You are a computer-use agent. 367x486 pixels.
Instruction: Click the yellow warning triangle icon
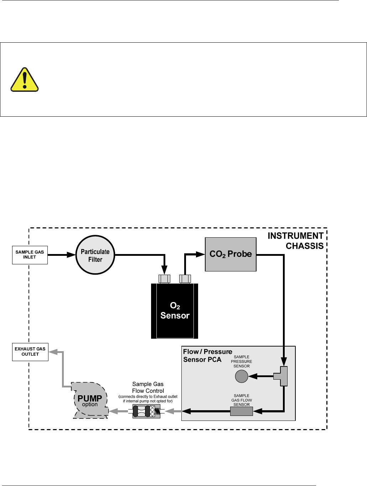(x=25, y=80)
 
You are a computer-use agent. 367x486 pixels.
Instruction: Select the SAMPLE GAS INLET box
(x=30, y=255)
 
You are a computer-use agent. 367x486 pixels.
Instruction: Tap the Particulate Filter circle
(x=95, y=255)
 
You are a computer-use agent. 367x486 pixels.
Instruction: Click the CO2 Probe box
(x=231, y=254)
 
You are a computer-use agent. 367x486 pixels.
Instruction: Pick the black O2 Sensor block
(x=175, y=311)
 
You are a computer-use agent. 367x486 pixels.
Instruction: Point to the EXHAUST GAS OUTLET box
(x=30, y=352)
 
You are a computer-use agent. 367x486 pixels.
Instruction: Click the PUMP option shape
(x=89, y=401)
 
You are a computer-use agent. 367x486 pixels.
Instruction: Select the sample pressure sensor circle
(x=242, y=376)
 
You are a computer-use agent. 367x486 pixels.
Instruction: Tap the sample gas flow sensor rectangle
(x=241, y=412)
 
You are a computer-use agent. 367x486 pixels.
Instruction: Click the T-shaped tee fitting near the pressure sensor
(x=282, y=376)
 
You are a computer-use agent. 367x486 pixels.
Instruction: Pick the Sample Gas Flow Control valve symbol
(x=146, y=411)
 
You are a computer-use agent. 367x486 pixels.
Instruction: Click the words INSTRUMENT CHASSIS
(x=295, y=241)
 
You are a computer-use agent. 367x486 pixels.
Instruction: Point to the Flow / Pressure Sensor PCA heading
(x=207, y=355)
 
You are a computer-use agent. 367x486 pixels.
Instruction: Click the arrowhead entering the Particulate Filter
(x=71, y=255)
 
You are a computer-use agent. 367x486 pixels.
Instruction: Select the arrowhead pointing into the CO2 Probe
(x=201, y=254)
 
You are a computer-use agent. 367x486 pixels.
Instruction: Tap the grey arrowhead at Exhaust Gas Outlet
(x=53, y=352)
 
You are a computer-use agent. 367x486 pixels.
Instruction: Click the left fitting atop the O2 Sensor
(x=164, y=279)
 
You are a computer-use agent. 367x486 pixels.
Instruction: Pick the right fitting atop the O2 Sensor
(x=185, y=279)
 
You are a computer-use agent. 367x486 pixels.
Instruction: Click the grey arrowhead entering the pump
(x=113, y=411)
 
